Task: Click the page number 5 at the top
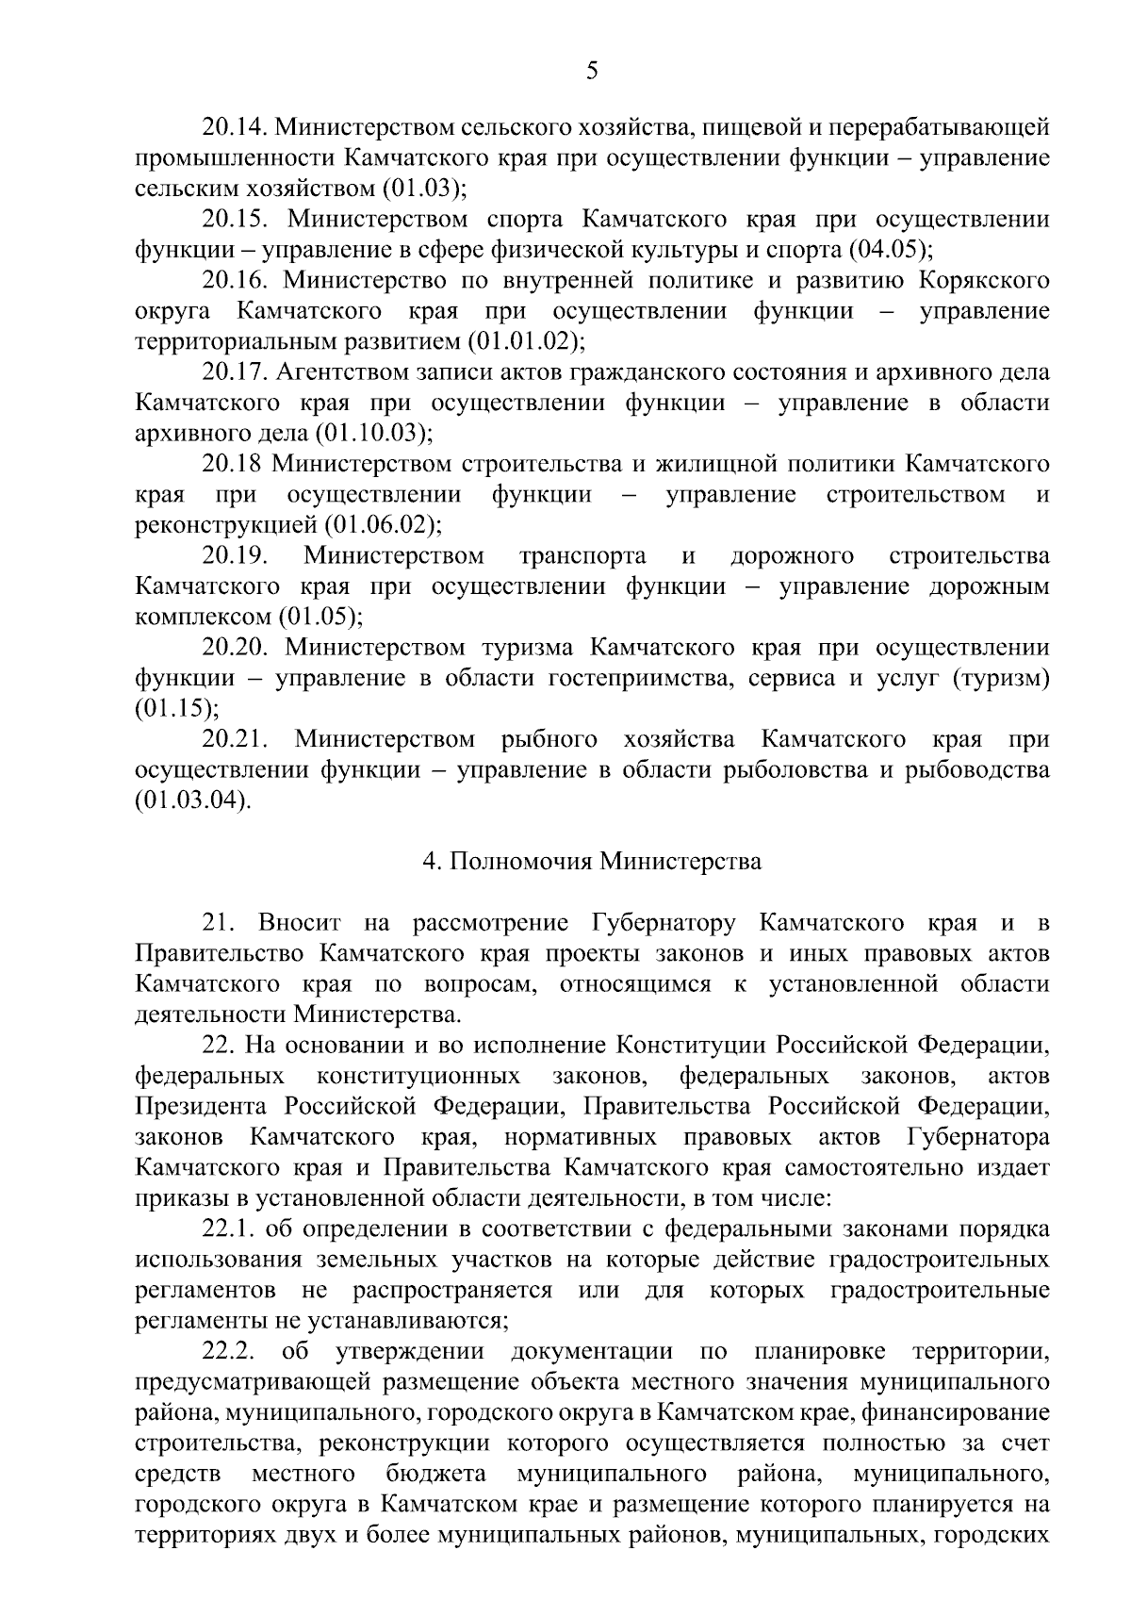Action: pos(592,71)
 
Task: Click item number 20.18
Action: pos(234,465)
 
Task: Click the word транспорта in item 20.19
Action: pos(582,556)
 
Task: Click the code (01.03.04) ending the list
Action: pos(194,801)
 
